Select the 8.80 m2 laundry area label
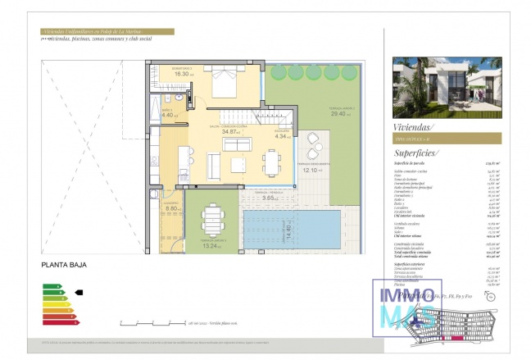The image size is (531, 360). tap(173, 208)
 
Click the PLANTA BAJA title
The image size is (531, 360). tap(63, 265)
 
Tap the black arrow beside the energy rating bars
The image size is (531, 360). tap(79, 292)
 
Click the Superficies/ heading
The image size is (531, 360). tap(416, 153)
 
